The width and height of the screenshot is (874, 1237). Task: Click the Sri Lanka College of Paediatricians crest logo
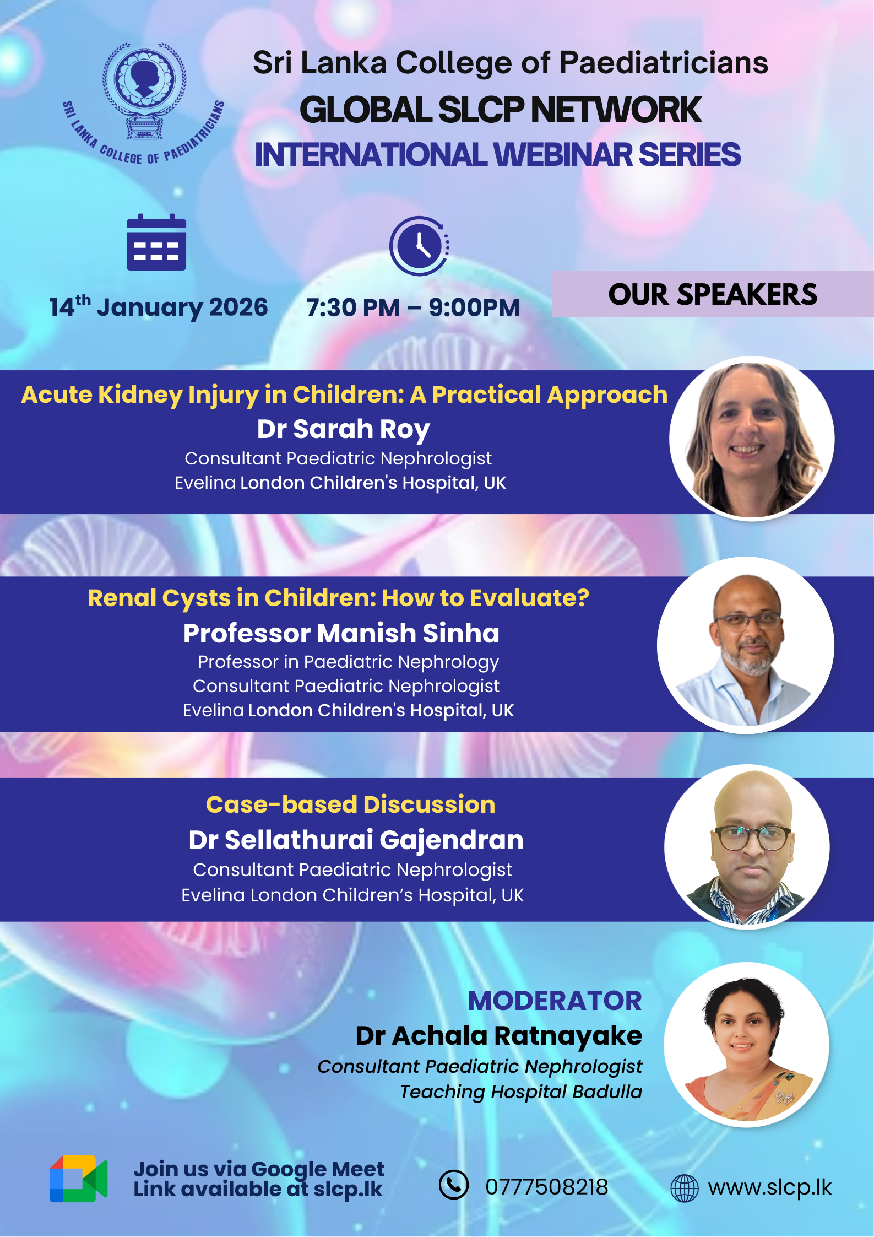[144, 102]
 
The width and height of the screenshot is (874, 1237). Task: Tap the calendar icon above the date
[156, 242]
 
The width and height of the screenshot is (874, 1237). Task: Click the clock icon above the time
[420, 246]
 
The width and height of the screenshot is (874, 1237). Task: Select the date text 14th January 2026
[159, 307]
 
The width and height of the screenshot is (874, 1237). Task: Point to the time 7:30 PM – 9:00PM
[413, 308]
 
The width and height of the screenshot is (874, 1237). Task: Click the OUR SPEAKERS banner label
[713, 294]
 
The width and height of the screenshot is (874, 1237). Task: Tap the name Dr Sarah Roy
[343, 429]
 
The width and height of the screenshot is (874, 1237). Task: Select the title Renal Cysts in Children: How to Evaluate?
[339, 598]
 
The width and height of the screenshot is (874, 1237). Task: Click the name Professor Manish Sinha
[341, 633]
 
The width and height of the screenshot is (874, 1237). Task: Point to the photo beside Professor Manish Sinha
[746, 645]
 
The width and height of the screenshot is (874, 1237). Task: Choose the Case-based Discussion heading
[350, 804]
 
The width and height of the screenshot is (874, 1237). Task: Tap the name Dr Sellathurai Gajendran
[356, 840]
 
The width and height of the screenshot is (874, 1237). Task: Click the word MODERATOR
[555, 1001]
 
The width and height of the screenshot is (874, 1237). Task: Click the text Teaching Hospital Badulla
[521, 1092]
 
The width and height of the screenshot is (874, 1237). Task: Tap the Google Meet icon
[79, 1179]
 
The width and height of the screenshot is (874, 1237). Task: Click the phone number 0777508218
[546, 1187]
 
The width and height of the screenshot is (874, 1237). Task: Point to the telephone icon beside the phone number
[454, 1185]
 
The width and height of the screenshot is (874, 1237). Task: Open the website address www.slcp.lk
[770, 1187]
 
